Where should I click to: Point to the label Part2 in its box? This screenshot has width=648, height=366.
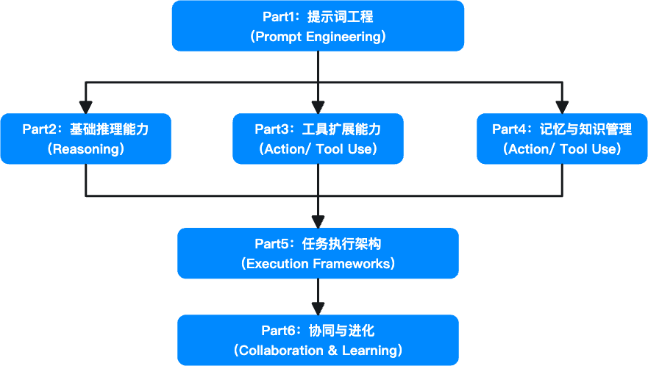40,129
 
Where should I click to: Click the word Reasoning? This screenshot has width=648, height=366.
85,149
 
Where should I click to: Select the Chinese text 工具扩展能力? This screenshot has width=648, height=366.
341,129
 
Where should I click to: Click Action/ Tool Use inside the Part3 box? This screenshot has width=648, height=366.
318,149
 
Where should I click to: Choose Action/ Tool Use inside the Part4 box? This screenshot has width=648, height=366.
562,149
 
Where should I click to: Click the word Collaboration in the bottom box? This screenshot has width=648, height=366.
278,351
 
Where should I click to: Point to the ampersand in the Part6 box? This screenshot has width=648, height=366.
332,351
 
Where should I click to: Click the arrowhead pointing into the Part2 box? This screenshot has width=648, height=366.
86,107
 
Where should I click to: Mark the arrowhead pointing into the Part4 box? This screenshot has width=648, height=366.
562,107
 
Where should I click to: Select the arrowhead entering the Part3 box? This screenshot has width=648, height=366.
318,107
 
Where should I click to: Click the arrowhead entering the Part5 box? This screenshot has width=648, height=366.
318,221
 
